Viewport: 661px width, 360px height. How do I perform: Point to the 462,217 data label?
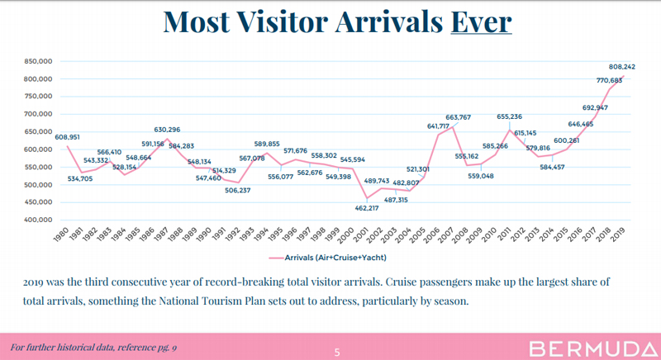[x=383, y=208]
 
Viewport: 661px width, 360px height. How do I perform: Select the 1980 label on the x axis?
[x=61, y=234]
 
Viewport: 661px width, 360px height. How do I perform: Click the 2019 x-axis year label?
[x=617, y=234]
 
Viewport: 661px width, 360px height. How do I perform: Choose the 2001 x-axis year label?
[x=361, y=234]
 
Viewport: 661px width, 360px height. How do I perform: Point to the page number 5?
[x=337, y=353]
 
